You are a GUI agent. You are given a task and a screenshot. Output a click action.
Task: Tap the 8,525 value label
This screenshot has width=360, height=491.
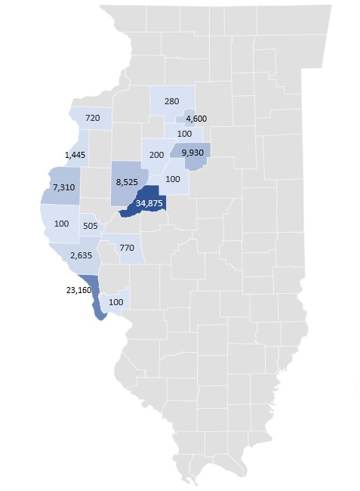[x=127, y=182]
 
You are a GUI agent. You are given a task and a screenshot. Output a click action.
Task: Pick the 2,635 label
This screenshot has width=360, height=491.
[x=80, y=256]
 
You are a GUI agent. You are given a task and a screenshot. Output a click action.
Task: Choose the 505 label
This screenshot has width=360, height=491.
[x=91, y=225]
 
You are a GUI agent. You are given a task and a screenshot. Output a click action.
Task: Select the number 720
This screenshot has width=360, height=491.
[x=93, y=119]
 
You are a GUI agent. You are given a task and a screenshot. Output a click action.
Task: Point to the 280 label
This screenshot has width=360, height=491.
[x=171, y=101]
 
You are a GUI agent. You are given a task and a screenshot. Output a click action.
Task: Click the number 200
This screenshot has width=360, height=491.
[x=157, y=154]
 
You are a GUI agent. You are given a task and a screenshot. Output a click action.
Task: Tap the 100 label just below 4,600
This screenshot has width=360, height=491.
[x=184, y=134]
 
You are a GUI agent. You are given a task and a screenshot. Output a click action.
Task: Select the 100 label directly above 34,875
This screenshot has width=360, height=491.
[x=173, y=179]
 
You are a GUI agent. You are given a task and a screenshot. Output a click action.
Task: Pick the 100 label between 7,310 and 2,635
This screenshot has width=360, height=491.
[x=62, y=224]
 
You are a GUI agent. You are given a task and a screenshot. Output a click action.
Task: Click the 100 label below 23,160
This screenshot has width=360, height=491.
[x=116, y=301]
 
